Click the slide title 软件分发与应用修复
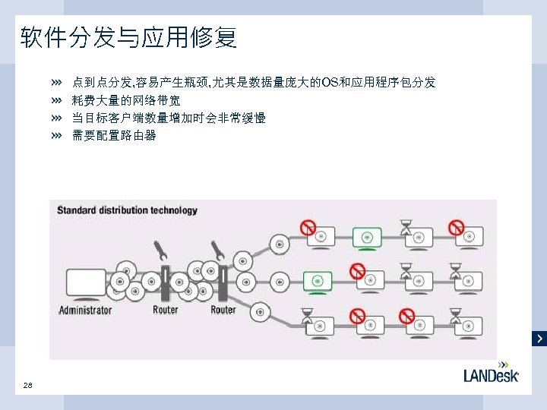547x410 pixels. [x=128, y=37]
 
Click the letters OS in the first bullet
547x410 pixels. [x=330, y=82]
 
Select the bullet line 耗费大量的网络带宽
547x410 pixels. [x=125, y=100]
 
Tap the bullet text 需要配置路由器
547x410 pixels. [x=114, y=136]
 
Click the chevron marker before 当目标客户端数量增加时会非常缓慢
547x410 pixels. [x=56, y=118]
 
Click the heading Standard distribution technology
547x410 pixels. [x=127, y=210]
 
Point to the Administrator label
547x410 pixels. [x=85, y=310]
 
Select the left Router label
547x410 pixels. [x=165, y=310]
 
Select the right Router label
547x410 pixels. [x=223, y=310]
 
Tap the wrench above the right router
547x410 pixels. [x=217, y=250]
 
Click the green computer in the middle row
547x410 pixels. [x=319, y=282]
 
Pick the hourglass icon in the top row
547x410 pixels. [x=406, y=226]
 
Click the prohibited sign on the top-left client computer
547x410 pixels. [x=308, y=226]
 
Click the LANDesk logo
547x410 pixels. [x=491, y=374]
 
